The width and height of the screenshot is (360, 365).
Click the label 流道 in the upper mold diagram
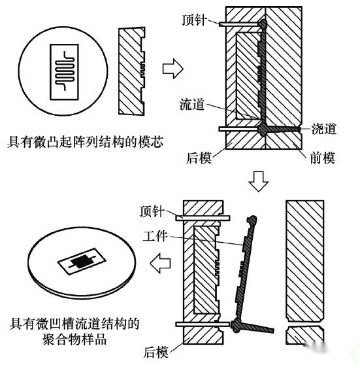192,105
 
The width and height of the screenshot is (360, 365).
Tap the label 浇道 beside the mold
324,129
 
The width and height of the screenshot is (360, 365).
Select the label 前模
322,158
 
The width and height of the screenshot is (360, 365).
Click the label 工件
155,236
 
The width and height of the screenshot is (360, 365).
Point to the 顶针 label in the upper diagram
194,20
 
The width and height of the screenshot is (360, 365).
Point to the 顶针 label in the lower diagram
152,211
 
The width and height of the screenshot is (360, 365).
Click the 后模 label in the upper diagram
199,158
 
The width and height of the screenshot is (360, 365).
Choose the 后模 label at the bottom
155,352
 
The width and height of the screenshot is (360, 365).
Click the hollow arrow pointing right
172,69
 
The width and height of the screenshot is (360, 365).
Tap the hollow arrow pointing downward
258,181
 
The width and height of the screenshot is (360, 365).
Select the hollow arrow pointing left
160,263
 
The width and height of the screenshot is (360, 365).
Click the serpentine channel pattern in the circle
65,71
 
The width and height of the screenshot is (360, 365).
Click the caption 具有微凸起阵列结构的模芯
85,142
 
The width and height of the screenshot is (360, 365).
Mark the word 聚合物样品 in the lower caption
74,339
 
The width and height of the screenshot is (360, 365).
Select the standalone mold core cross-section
131,71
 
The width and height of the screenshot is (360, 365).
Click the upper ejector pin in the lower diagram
203,218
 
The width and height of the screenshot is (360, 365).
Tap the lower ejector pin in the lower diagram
203,324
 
